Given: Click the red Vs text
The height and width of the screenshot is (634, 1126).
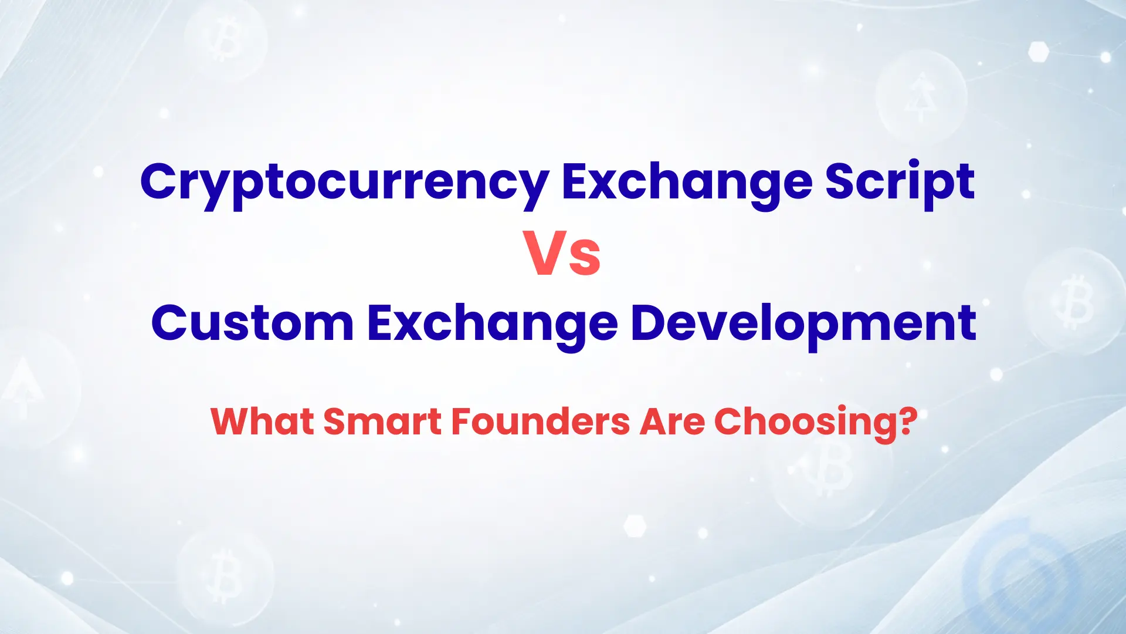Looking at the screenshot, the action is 562,254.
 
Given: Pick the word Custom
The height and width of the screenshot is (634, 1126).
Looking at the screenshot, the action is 253,322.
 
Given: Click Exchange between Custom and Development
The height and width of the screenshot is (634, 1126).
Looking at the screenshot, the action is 492,325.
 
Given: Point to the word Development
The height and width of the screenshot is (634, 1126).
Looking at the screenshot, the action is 803,325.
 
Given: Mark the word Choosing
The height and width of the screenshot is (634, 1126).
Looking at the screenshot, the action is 805,424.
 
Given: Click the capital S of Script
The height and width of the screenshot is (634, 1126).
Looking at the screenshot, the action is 840,181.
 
